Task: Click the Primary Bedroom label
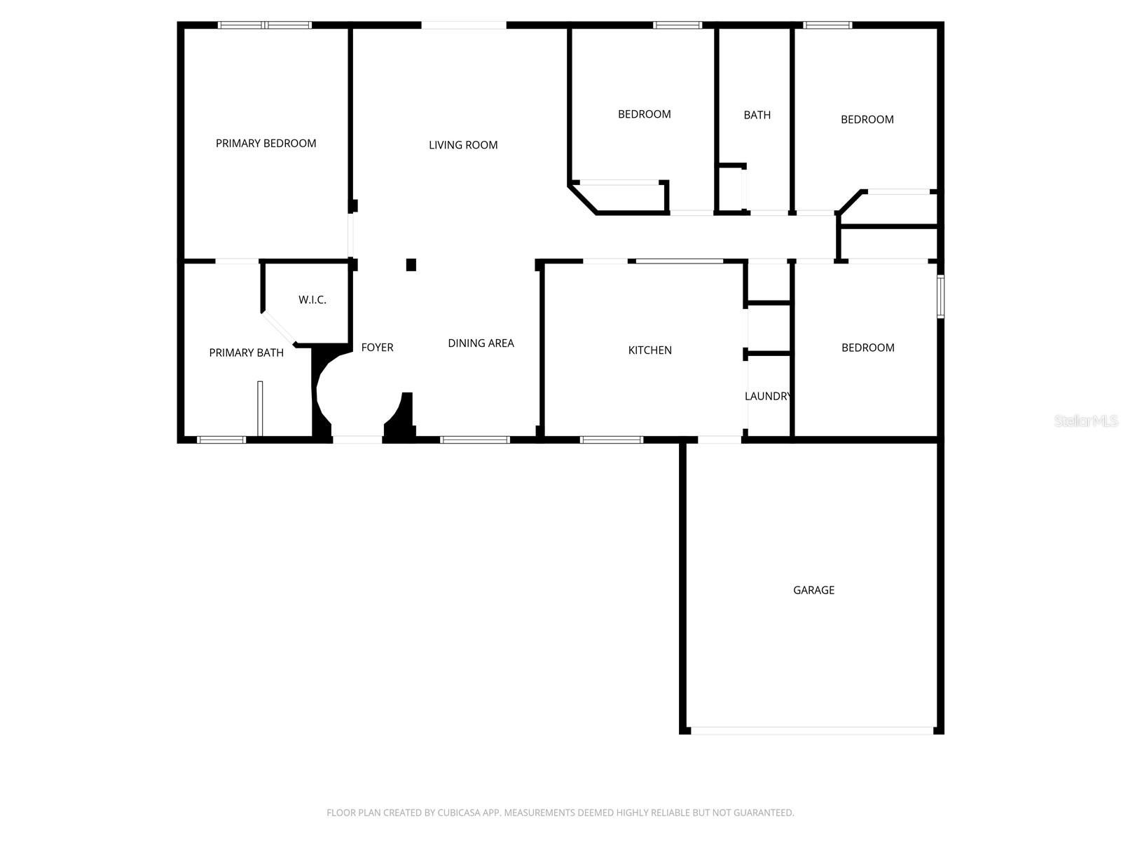click(x=266, y=144)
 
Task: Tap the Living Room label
click(x=463, y=145)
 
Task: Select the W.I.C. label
click(x=312, y=300)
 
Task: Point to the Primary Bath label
click(x=246, y=353)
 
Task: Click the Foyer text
click(x=377, y=348)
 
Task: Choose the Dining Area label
click(x=481, y=343)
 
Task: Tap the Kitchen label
click(x=649, y=350)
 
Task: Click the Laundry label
click(x=768, y=397)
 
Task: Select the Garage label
click(x=813, y=590)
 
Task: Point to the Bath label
click(x=757, y=115)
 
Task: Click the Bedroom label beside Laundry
click(x=867, y=348)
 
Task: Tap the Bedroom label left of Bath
click(x=644, y=114)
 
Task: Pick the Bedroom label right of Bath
click(x=867, y=120)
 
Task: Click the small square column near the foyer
click(x=411, y=265)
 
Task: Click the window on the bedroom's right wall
click(x=940, y=297)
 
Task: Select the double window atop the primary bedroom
click(x=264, y=25)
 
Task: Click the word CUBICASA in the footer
click(x=463, y=813)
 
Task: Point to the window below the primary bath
click(x=221, y=440)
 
